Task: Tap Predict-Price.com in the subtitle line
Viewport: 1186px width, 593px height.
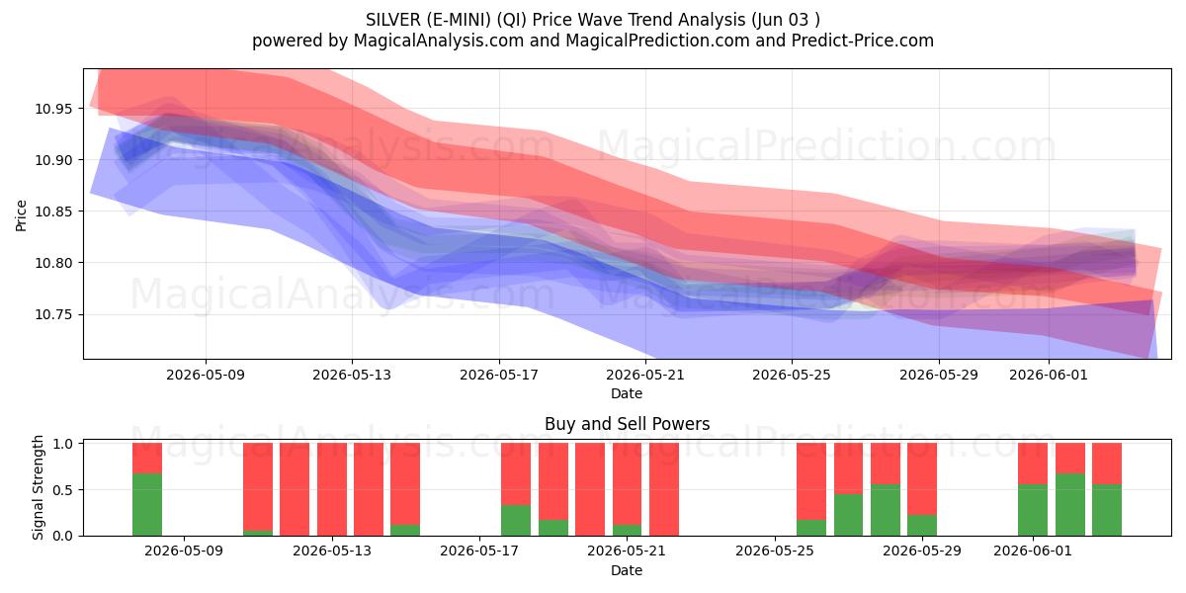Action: [863, 41]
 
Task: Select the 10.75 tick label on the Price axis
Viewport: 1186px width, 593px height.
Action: [52, 315]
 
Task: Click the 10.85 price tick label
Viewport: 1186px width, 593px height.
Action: [52, 212]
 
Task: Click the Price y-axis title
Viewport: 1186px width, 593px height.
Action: [21, 215]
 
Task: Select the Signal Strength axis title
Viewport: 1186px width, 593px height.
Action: [38, 487]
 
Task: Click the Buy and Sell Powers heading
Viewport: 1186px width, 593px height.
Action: [627, 424]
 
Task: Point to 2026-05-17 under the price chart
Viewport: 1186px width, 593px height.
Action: [499, 375]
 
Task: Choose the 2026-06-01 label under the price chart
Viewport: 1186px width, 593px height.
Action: [1049, 375]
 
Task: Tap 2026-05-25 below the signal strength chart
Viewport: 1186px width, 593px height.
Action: [775, 551]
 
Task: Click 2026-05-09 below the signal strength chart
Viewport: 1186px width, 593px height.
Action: [184, 551]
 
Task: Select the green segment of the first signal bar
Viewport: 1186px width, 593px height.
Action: [147, 505]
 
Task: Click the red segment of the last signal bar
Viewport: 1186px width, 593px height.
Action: [1107, 464]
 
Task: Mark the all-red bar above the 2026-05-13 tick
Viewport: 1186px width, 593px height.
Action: [332, 489]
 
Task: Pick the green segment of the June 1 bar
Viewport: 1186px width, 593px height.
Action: [1033, 510]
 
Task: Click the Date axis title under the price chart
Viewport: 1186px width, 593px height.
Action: [627, 393]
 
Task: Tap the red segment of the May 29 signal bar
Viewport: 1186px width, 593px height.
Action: [922, 479]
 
